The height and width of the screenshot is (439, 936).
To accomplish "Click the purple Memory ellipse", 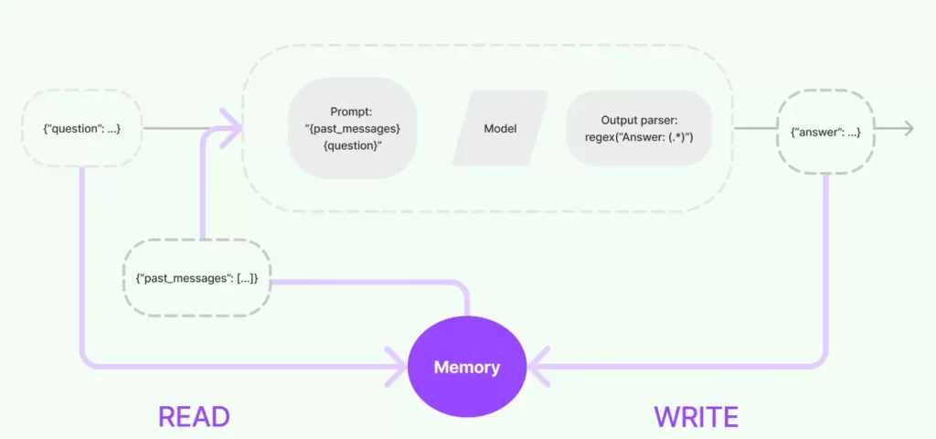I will pyautogui.click(x=467, y=368).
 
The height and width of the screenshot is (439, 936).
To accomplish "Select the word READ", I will pyautogui.click(x=194, y=417).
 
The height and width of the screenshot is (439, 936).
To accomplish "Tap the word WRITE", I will pyautogui.click(x=696, y=417).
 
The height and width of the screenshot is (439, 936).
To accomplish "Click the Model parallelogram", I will pyautogui.click(x=500, y=128).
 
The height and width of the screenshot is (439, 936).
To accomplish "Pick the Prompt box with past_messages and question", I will pyautogui.click(x=353, y=128).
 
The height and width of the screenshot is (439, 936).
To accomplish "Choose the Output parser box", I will pyautogui.click(x=639, y=128).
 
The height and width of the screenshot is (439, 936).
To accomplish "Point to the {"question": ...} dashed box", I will pyautogui.click(x=82, y=129).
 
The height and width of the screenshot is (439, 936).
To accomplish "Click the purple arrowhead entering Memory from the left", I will pyautogui.click(x=399, y=369).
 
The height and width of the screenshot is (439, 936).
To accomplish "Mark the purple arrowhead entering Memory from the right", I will pyautogui.click(x=536, y=369).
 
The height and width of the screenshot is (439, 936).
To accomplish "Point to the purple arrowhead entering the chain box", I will pyautogui.click(x=234, y=129).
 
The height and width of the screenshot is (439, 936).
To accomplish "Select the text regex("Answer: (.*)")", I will pyautogui.click(x=639, y=137).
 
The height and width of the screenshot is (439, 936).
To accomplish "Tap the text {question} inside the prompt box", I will pyautogui.click(x=353, y=145).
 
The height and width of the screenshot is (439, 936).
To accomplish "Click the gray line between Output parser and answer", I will pyautogui.click(x=744, y=129).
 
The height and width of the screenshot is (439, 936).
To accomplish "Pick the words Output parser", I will pyautogui.click(x=639, y=120).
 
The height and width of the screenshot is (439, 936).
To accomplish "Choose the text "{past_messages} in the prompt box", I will pyautogui.click(x=353, y=129).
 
